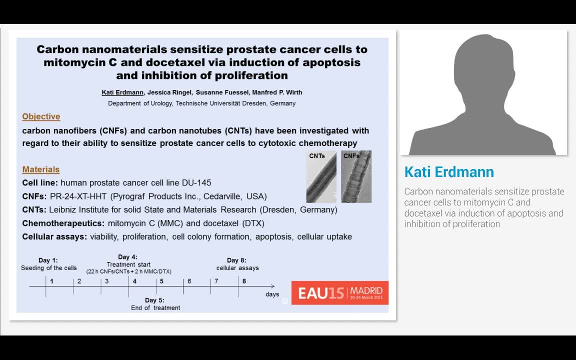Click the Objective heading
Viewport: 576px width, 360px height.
(41, 116)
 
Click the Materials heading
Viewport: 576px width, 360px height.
(40, 169)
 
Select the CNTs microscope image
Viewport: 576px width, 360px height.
(321, 177)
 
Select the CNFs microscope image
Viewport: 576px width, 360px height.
(356, 177)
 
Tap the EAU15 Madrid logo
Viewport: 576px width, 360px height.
(339, 292)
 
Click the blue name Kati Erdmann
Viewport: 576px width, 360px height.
(448, 172)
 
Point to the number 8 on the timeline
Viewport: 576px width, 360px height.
(244, 281)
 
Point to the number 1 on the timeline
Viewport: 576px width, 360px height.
(51, 281)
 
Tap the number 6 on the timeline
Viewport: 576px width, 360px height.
(189, 281)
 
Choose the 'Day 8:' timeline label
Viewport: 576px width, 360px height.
(236, 260)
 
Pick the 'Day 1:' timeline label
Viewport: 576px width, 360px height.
(48, 260)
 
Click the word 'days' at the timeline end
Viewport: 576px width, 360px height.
(272, 294)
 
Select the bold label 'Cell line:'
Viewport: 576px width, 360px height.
(40, 183)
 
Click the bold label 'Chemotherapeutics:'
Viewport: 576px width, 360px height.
(63, 223)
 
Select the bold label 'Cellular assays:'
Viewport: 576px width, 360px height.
(54, 236)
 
